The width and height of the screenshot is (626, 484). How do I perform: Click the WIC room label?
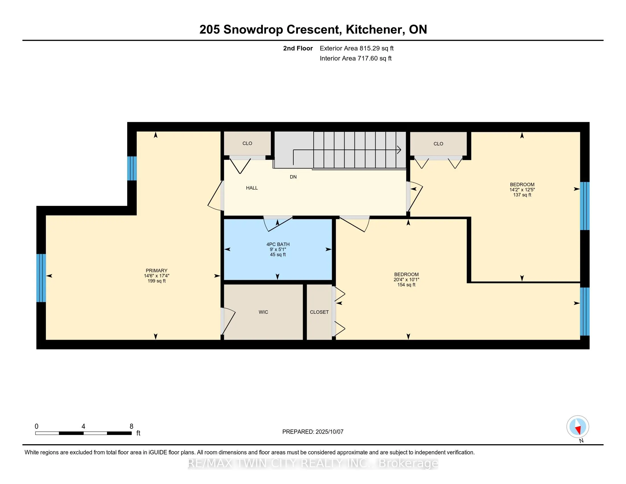(x=263, y=312)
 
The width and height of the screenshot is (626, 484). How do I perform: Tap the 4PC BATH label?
(x=278, y=244)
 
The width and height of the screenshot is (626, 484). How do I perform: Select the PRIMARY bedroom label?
(x=156, y=270)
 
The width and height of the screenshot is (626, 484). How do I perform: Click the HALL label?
(x=252, y=188)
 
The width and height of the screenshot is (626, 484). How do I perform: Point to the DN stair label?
(x=293, y=177)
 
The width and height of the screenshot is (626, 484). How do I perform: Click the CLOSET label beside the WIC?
(x=319, y=312)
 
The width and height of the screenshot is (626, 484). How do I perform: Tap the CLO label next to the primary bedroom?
(x=247, y=143)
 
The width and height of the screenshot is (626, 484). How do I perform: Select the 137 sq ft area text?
(x=522, y=195)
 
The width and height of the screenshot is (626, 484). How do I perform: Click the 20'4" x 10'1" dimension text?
(x=406, y=280)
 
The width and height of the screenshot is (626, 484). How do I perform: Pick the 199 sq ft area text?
(x=156, y=281)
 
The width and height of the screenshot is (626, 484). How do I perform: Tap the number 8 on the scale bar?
(x=131, y=426)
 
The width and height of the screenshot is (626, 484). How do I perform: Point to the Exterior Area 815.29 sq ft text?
(x=357, y=48)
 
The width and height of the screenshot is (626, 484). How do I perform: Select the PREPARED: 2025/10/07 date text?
(x=313, y=432)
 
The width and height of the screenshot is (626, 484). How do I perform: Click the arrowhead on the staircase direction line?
(x=399, y=150)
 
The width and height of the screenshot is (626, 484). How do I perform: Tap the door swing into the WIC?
(x=228, y=321)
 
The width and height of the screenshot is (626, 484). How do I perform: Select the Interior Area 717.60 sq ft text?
(x=355, y=58)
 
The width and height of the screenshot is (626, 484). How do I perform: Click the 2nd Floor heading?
(x=298, y=48)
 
